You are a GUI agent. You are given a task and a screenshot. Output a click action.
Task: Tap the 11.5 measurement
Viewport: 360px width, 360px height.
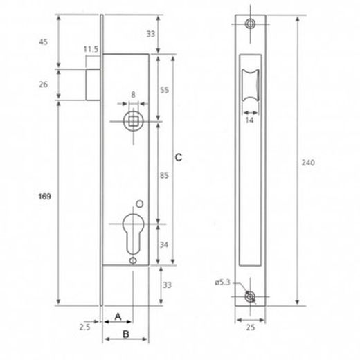coord(89,49)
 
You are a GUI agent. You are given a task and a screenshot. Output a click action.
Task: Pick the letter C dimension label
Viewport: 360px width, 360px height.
coord(178,158)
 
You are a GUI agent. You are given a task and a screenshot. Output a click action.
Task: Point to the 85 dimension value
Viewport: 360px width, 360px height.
coord(165,176)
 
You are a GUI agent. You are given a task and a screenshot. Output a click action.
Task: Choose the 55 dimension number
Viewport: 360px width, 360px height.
coord(165,91)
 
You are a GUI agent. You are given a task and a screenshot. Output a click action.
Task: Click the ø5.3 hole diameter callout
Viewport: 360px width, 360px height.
coord(223,282)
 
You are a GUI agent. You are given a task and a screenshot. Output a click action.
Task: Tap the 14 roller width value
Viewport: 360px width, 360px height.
coord(250,119)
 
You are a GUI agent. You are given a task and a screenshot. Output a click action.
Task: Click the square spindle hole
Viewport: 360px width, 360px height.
coord(132,122)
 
